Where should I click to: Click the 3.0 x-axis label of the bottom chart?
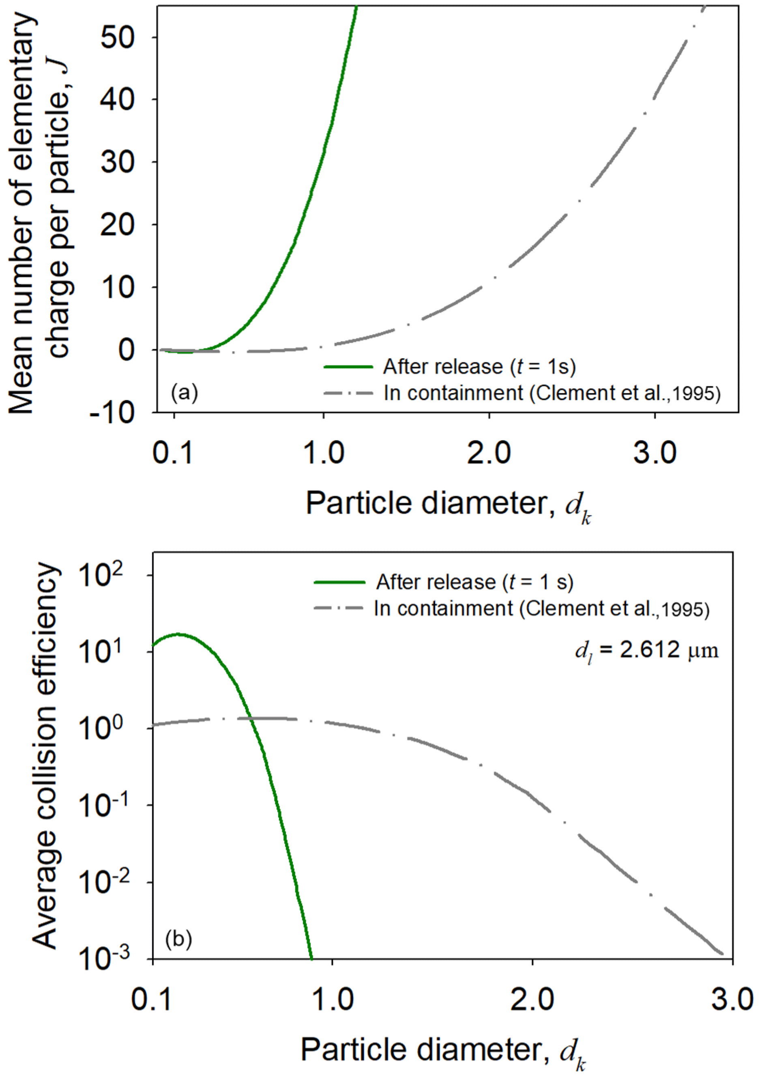coord(732,1000)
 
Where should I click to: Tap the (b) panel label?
coord(179,939)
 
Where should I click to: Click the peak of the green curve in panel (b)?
coord(178,634)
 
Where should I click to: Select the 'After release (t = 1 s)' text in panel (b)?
coord(474,582)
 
